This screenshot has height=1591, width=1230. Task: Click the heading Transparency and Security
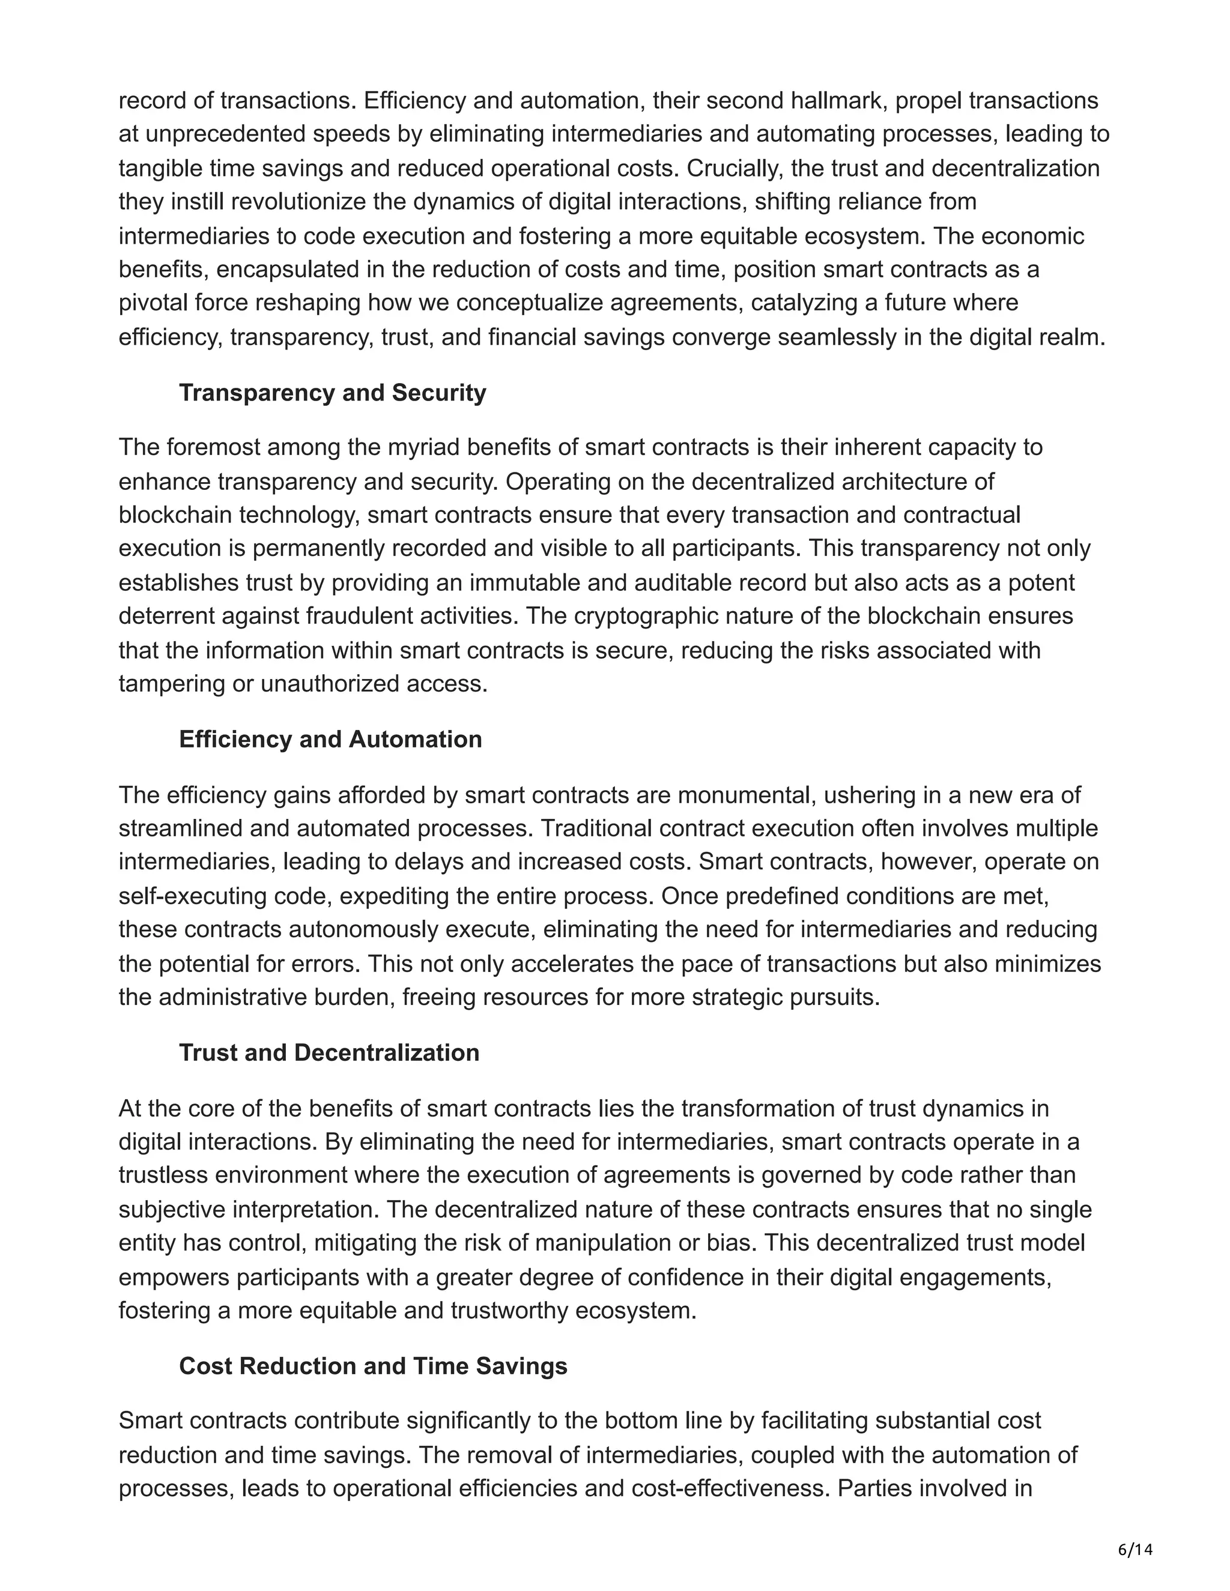point(332,393)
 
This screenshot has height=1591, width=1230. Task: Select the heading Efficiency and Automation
point(330,740)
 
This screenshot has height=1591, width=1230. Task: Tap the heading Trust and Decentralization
point(329,1052)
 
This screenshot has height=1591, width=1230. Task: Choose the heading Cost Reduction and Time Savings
point(372,1366)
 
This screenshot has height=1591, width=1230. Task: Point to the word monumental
point(746,795)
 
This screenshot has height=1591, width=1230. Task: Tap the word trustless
point(164,1175)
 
